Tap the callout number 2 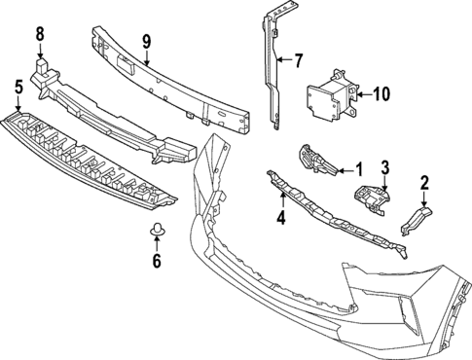tap(424, 182)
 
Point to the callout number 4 tap(280, 218)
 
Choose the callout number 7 tap(299, 60)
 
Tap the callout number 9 tap(146, 42)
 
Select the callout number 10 tap(379, 94)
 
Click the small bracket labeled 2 tap(414, 219)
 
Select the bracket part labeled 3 tap(371, 198)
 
